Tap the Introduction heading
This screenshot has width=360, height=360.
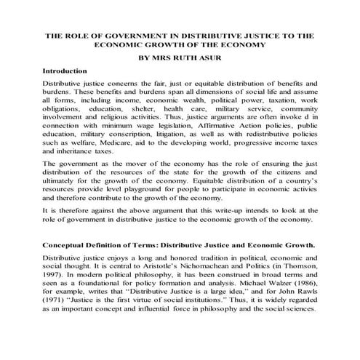point(65,72)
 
